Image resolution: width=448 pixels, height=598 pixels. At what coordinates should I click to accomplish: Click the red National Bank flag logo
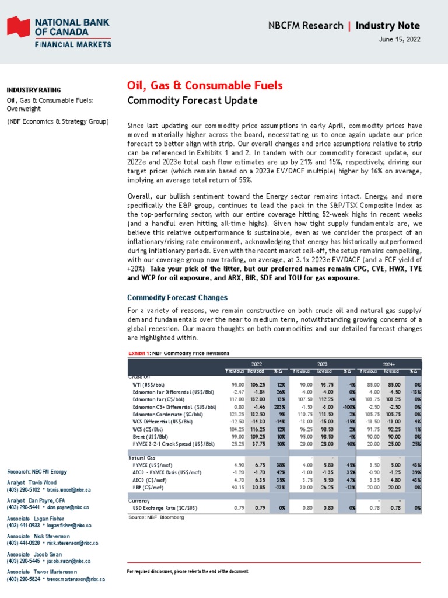[x=18, y=29]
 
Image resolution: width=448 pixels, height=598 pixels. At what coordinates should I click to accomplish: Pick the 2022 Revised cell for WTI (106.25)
[x=257, y=385]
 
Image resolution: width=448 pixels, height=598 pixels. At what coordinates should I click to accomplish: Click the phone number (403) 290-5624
[x=23, y=579]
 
